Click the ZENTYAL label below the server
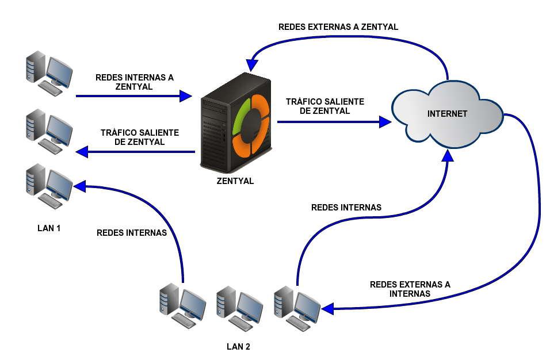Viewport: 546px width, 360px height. pyautogui.click(x=235, y=181)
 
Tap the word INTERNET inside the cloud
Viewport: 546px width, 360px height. pyautogui.click(x=447, y=114)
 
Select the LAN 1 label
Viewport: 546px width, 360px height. pyautogui.click(x=49, y=228)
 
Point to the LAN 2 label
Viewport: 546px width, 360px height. pyautogui.click(x=238, y=347)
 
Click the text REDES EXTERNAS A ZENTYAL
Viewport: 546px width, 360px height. pyautogui.click(x=338, y=27)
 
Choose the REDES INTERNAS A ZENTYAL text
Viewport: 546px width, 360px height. pyautogui.click(x=134, y=82)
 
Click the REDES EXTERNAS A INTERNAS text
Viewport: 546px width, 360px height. pyautogui.click(x=410, y=289)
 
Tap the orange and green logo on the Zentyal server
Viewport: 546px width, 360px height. pyautogui.click(x=251, y=125)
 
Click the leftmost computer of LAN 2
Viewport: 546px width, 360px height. pyautogui.click(x=182, y=305)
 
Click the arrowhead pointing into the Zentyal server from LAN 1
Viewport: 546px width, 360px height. pyautogui.click(x=185, y=96)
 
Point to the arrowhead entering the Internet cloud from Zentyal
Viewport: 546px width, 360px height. pyautogui.click(x=385, y=121)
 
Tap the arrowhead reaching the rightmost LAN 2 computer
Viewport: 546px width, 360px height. pyautogui.click(x=328, y=308)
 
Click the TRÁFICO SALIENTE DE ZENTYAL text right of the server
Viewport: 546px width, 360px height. pyautogui.click(x=325, y=106)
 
